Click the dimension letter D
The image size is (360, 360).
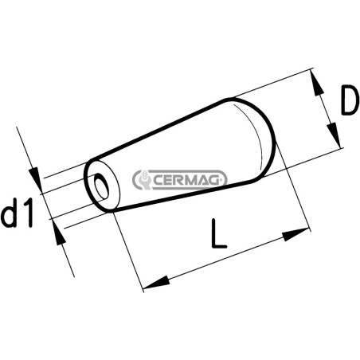349,100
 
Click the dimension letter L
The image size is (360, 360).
219,233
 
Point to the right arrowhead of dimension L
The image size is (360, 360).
296,234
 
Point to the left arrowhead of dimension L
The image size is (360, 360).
156,283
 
